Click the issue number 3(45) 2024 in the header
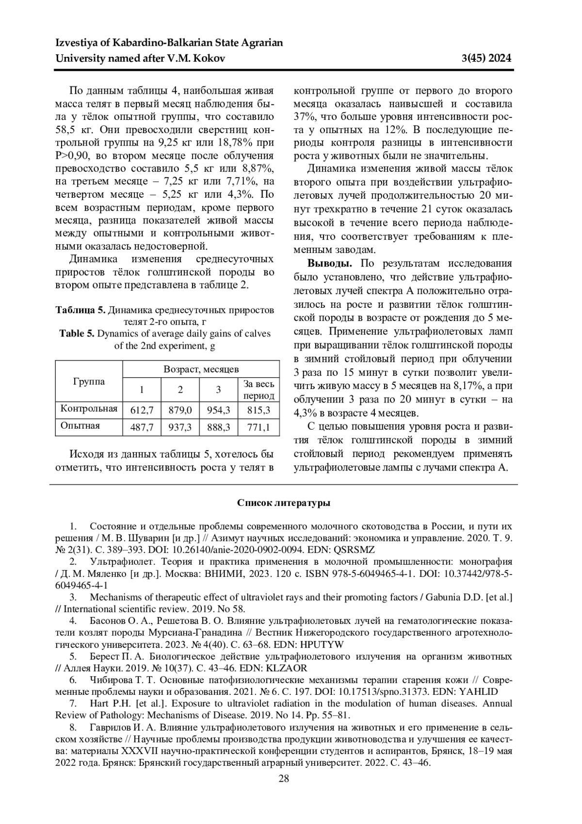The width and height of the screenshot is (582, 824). pos(486,59)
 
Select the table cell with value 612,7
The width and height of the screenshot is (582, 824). pos(142,410)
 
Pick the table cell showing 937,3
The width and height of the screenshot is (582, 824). pos(180,427)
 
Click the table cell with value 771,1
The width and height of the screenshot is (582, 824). pos(259,427)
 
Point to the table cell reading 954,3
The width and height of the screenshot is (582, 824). pos(218,410)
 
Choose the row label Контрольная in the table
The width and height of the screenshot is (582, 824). pos(89,408)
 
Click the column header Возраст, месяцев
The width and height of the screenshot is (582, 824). pos(201,369)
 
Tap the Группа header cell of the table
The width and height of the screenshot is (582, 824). pos(89,381)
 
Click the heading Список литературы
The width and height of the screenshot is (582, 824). pos(284,503)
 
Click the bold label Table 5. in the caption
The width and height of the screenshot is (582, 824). pos(77,334)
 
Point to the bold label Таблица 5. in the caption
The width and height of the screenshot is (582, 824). pos(80,310)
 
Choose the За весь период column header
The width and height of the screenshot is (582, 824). pos(259,389)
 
